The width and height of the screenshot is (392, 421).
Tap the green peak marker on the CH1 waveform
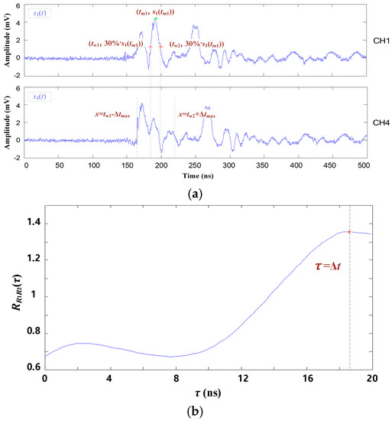click(155, 19)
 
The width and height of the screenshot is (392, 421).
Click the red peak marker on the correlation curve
click(349, 231)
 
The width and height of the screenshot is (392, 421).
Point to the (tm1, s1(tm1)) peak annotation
click(155, 11)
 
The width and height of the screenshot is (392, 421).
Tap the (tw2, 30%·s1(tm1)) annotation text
click(202, 44)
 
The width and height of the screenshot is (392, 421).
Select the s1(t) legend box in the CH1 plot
click(37, 14)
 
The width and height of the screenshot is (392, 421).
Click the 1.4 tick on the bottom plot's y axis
click(31, 224)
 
